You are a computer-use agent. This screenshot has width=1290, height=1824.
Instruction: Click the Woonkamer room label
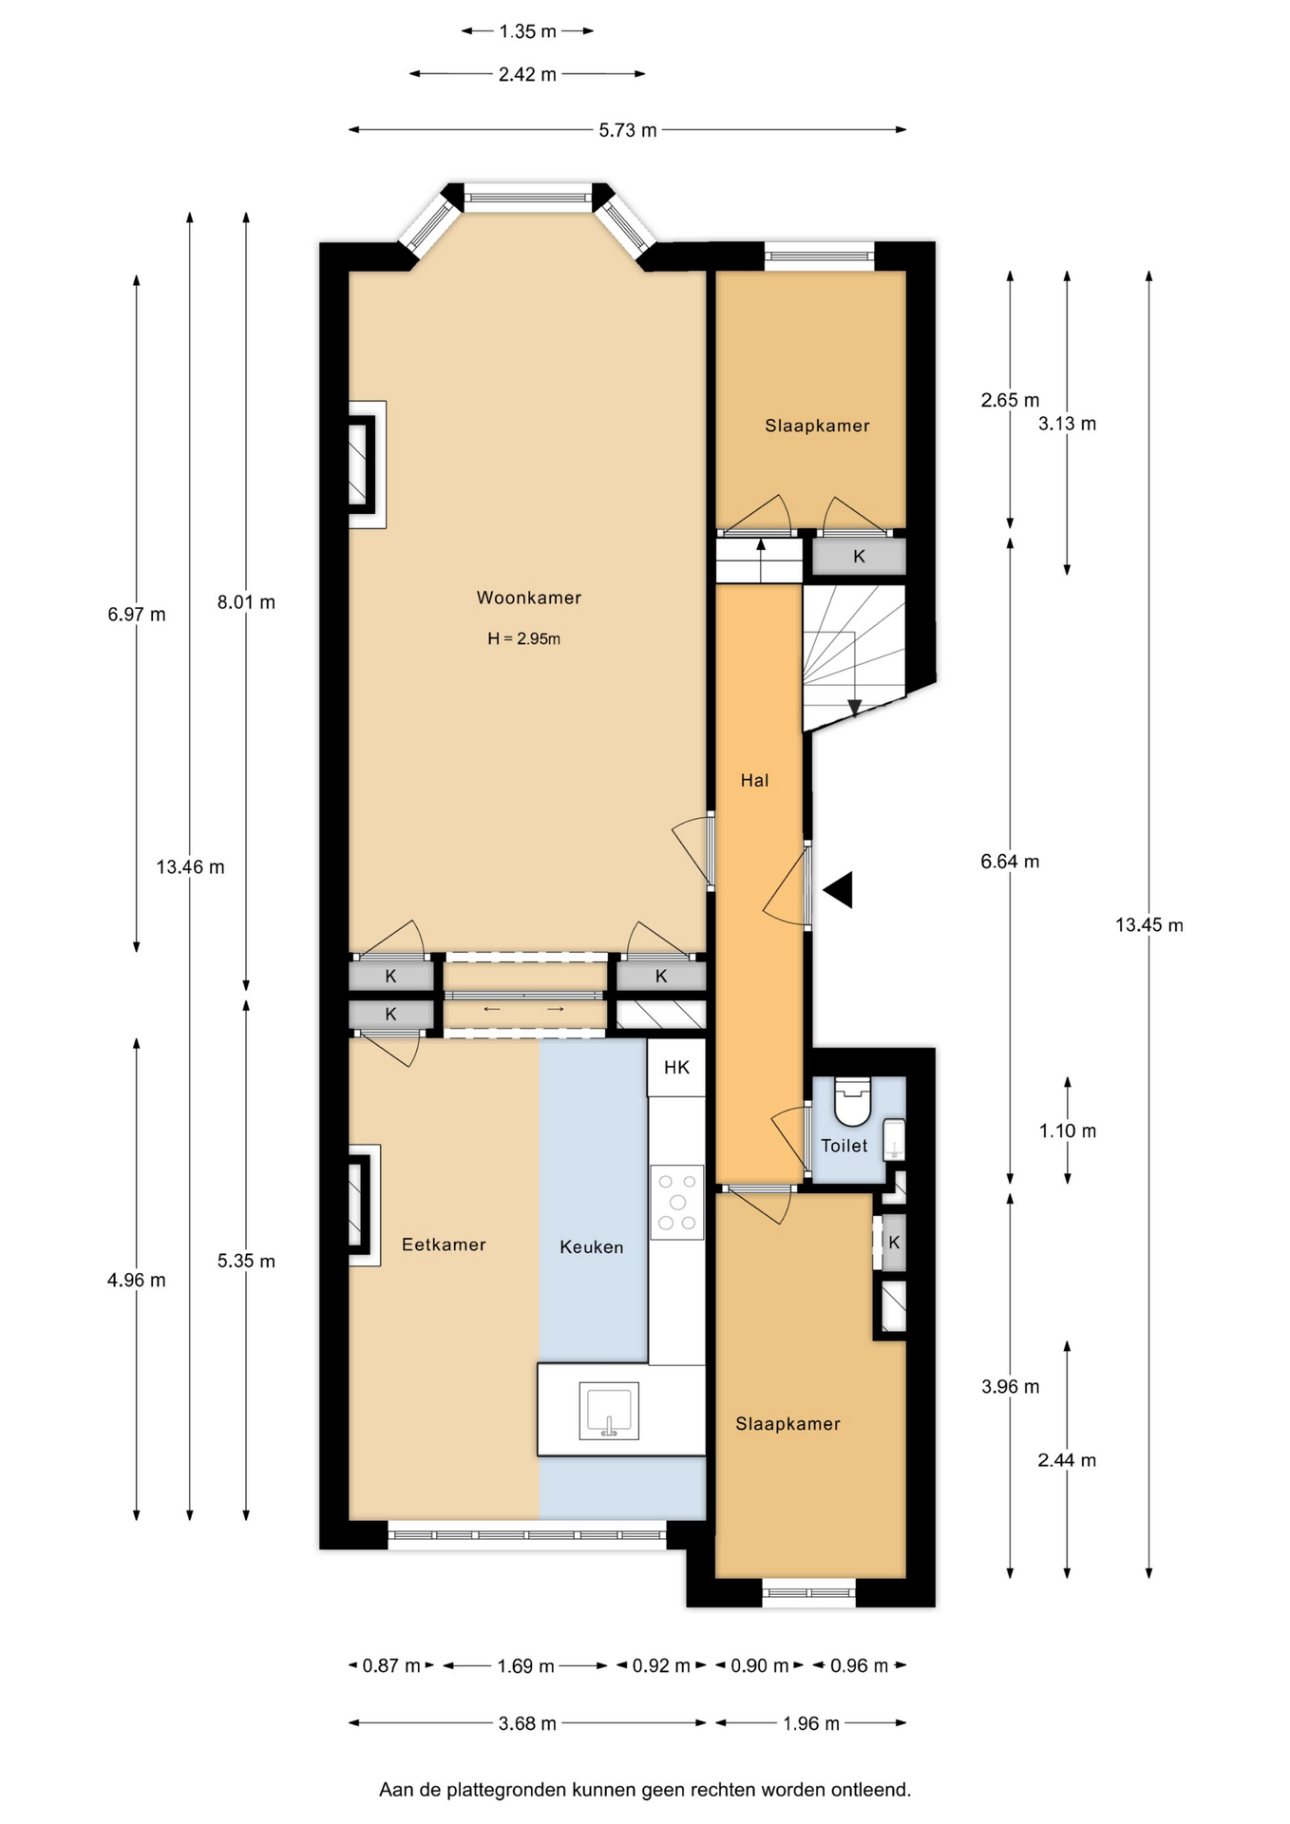(528, 598)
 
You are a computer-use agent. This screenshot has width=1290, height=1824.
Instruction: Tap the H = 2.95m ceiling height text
(523, 639)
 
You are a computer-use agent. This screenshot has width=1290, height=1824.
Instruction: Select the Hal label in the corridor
(754, 781)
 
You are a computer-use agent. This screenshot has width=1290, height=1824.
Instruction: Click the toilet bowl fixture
(852, 1101)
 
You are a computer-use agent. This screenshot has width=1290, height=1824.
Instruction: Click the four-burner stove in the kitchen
(677, 1202)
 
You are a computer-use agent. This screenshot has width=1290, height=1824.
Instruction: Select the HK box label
(676, 1068)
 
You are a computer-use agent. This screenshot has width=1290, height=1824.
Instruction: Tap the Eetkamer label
(444, 1244)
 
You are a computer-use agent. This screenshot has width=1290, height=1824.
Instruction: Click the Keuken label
(591, 1247)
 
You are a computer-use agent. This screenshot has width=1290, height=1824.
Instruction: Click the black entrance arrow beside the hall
(840, 890)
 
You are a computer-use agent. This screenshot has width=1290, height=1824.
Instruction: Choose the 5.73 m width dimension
(627, 130)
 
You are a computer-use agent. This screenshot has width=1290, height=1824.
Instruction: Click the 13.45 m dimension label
(1148, 925)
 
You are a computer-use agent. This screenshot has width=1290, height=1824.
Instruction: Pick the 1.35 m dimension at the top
(527, 31)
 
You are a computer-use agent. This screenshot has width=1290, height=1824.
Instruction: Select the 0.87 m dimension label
(390, 1665)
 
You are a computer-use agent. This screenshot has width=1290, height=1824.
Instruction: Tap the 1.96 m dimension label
(811, 1723)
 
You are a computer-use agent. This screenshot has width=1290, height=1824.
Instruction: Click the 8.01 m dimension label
(246, 602)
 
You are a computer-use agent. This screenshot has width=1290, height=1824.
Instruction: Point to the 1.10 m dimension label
(1067, 1130)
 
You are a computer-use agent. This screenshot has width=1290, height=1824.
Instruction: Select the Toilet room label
(844, 1146)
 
